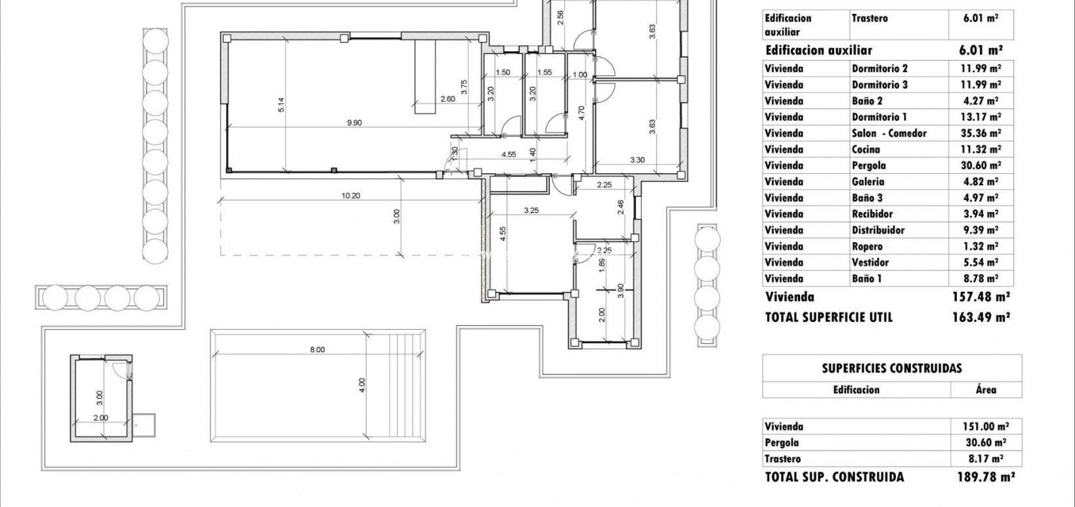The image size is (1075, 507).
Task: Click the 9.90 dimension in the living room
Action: tap(354, 123)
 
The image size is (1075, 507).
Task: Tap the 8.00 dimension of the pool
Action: tap(317, 350)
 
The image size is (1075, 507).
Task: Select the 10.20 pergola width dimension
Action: tap(350, 195)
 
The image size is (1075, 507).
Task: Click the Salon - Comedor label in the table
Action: tap(889, 133)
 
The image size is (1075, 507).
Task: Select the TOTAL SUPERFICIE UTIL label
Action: tap(828, 317)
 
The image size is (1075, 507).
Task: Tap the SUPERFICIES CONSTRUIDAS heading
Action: tap(891, 369)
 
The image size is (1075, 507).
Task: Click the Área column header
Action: tap(986, 390)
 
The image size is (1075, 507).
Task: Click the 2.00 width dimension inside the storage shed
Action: tap(100, 418)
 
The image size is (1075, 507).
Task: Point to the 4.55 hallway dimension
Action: tap(508, 155)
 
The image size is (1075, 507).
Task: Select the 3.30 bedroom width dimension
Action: tap(637, 159)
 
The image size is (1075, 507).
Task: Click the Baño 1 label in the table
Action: tap(866, 279)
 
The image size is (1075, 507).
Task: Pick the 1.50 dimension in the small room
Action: tap(503, 73)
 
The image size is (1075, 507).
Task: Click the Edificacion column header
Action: tap(856, 390)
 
